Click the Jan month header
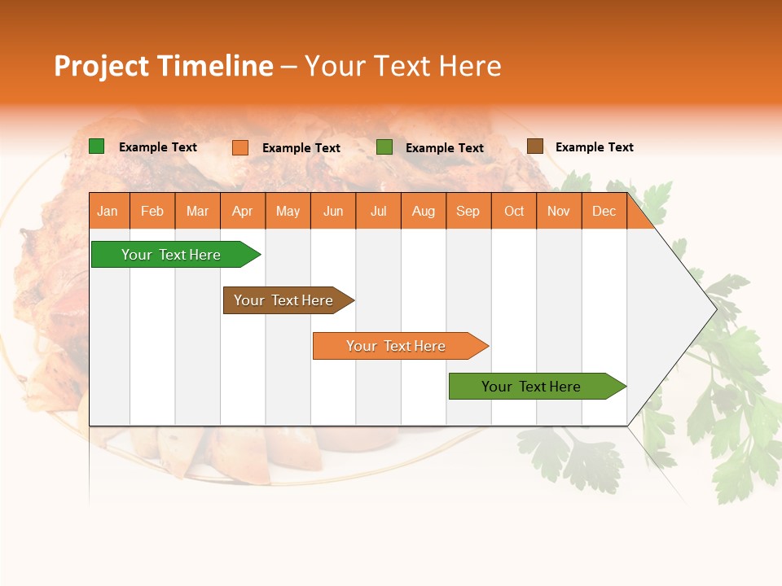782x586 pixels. [x=108, y=211]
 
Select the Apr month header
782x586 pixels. [x=242, y=211]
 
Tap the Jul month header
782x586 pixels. [x=378, y=211]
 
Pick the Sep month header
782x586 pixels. [x=468, y=211]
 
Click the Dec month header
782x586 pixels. [x=604, y=211]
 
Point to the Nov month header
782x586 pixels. [x=558, y=211]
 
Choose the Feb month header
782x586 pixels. [x=152, y=211]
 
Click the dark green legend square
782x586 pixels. [x=96, y=146]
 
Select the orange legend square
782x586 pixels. [x=239, y=147]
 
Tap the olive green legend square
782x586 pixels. [x=384, y=146]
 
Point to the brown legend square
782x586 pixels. [x=534, y=146]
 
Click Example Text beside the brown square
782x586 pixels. [x=594, y=147]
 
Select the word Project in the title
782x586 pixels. [x=101, y=66]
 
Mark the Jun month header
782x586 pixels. [x=333, y=211]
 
